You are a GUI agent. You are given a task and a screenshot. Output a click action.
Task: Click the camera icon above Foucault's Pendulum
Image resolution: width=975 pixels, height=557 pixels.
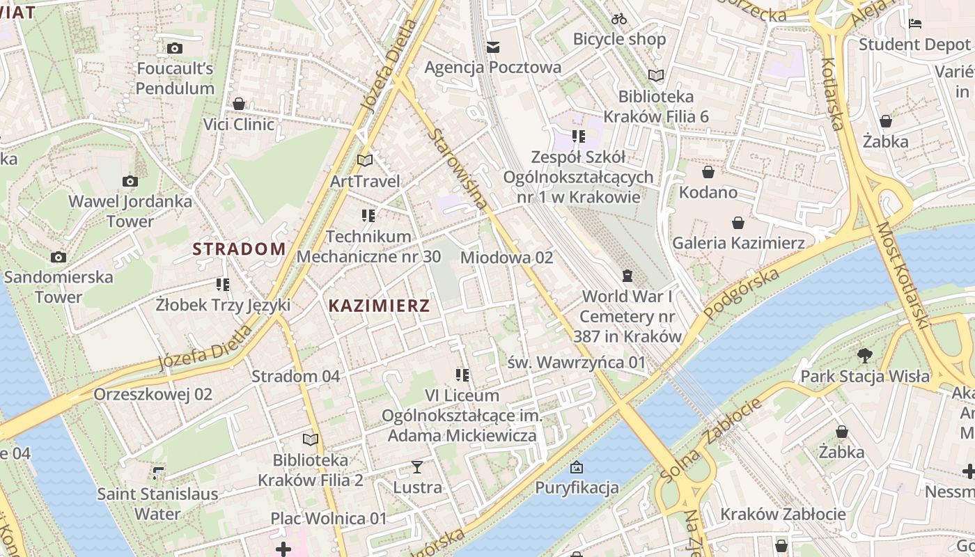[175, 48]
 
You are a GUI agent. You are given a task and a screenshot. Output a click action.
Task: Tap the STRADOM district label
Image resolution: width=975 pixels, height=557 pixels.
[239, 249]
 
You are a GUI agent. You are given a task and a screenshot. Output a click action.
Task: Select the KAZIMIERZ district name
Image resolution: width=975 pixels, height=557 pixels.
[379, 305]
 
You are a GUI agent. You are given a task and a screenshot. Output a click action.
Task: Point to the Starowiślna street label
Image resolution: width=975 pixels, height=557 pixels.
[457, 168]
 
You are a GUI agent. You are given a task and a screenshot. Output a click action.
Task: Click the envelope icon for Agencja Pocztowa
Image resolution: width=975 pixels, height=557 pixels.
[493, 47]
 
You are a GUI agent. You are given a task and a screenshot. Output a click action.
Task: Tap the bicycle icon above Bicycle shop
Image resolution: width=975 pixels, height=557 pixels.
[619, 19]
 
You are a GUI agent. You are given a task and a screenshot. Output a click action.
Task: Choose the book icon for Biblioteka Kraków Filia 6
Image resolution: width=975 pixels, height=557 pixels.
[656, 75]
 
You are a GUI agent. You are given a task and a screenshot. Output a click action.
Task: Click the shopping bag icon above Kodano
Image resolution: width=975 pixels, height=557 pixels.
[708, 172]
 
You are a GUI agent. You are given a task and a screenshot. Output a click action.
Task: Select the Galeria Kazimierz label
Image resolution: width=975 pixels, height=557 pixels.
[738, 243]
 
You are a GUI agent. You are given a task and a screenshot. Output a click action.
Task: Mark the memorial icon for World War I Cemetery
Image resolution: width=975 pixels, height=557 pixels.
[627, 276]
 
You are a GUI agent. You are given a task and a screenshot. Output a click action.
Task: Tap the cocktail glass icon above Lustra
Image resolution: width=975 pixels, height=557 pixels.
[417, 466]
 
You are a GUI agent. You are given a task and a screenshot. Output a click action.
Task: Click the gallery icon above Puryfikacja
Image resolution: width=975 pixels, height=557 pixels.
[577, 467]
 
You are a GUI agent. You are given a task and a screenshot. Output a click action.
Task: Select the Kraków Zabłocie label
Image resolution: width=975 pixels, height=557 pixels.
[783, 515]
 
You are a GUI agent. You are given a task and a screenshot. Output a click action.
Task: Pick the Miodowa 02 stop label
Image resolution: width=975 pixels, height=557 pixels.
[506, 258]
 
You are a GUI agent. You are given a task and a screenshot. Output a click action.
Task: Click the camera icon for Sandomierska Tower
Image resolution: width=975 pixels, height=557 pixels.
[58, 257]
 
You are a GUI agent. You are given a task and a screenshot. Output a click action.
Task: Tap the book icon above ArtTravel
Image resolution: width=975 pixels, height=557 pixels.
[365, 160]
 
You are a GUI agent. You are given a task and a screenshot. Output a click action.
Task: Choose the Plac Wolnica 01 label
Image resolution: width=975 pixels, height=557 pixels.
[328, 519]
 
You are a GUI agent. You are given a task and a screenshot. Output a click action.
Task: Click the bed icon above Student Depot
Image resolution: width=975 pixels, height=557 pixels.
[915, 24]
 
